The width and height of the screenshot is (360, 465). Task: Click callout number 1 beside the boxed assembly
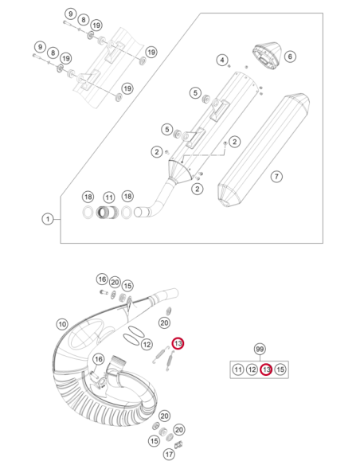point(48,220)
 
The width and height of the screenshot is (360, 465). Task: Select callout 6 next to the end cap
point(290,57)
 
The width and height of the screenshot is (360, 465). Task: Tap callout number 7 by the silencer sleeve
point(276,177)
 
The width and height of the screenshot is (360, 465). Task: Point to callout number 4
point(222,61)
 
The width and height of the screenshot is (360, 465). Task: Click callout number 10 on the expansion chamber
point(62,324)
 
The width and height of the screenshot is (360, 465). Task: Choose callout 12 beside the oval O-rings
point(147,344)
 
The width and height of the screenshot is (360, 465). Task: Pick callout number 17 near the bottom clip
point(169,454)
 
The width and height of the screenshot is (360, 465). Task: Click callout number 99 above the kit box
point(260,349)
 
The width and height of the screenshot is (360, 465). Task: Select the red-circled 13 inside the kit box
point(266,369)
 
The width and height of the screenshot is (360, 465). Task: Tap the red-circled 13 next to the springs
point(178,343)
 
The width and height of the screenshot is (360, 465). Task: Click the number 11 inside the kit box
point(238,369)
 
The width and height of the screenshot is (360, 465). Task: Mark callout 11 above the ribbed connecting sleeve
point(109,197)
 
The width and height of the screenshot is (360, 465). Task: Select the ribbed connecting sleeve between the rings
point(108,213)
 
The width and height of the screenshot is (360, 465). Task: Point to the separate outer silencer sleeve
point(264,150)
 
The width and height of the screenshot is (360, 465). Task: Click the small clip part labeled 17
point(178,445)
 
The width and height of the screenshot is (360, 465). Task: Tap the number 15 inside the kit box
point(280,369)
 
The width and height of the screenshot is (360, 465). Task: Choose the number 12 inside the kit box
point(252,369)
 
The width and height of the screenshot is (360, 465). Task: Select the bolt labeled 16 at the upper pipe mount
point(104,292)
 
